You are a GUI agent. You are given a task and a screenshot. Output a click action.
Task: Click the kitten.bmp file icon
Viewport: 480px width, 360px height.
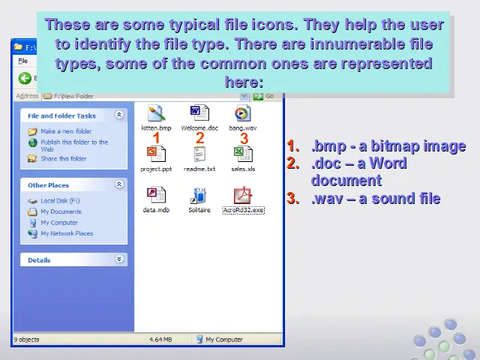coord(157,113)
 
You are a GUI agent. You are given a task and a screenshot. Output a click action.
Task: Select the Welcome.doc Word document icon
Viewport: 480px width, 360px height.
coord(199,113)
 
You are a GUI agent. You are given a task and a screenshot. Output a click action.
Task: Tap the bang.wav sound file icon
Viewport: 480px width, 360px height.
coord(243,113)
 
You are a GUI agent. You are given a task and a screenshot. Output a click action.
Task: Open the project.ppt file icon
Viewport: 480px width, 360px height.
coord(157,154)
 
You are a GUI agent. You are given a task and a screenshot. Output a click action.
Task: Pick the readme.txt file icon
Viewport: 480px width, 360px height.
coord(199,154)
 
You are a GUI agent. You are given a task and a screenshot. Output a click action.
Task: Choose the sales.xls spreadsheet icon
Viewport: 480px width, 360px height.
coord(243,154)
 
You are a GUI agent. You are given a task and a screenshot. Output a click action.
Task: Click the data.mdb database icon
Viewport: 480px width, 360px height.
coord(157,195)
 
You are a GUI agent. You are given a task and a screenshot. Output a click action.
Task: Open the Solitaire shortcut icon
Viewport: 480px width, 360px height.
coord(199,195)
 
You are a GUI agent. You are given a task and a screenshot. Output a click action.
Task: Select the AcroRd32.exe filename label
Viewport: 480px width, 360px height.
coord(243,210)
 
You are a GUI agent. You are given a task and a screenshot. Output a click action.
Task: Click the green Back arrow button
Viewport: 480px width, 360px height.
coord(25,78)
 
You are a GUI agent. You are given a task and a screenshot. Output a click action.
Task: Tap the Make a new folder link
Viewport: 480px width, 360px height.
coord(66,131)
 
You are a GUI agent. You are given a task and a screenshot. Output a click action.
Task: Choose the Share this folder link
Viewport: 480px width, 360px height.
coord(64,158)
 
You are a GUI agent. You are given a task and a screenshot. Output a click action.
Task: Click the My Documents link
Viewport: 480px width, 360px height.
coord(61,211)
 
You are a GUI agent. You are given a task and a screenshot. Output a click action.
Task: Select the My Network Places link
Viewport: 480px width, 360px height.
coord(67,233)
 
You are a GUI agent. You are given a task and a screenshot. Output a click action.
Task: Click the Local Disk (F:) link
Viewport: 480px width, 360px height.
coord(60,201)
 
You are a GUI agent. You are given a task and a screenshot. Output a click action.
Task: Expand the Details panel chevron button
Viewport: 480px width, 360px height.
coord(119,259)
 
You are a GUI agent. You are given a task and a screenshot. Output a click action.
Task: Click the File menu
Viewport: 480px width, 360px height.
coord(23,61)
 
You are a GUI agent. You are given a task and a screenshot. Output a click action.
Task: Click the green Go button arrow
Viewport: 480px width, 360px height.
coord(258,96)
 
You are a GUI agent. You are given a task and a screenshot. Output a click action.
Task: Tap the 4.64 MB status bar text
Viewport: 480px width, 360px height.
coord(160,340)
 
